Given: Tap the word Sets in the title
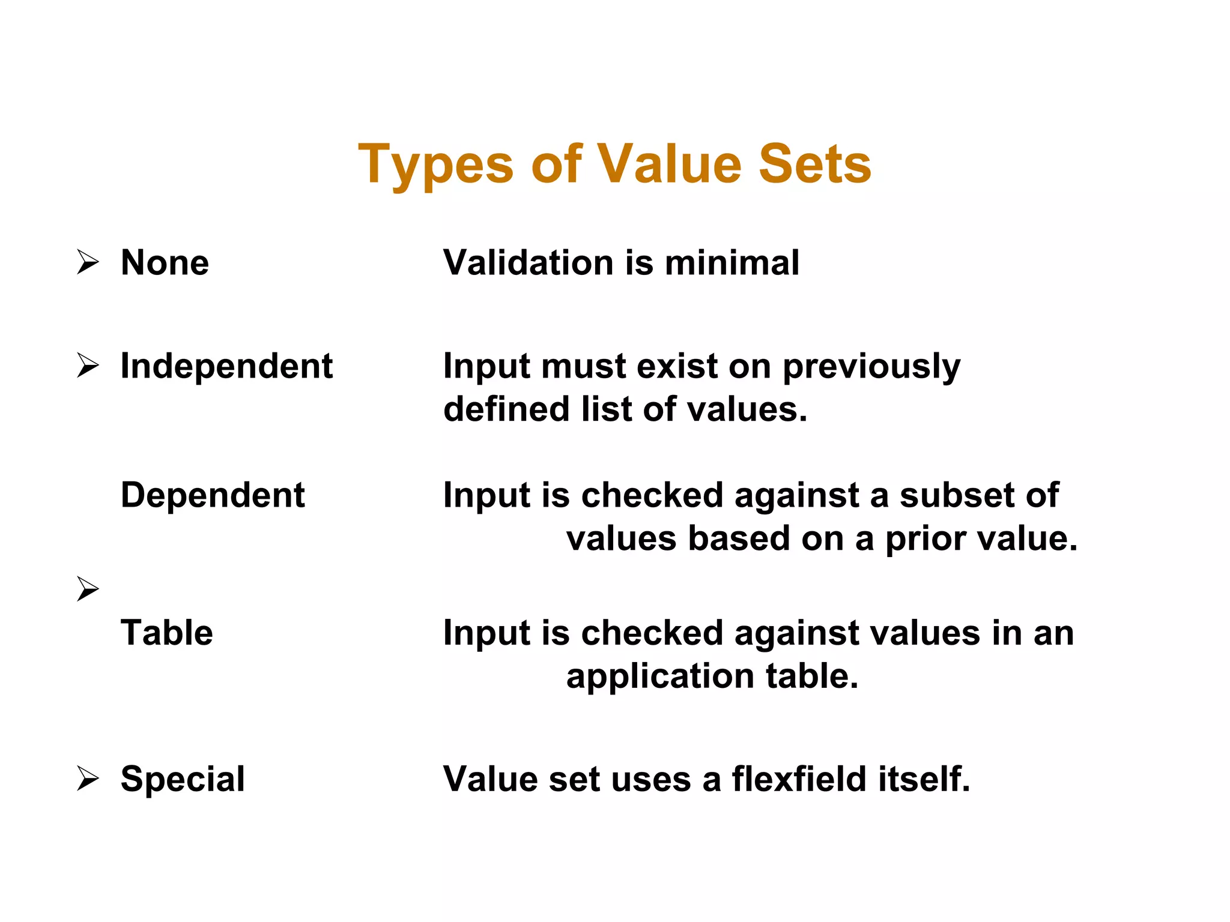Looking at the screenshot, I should tap(815, 164).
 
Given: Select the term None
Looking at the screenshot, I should tap(165, 263).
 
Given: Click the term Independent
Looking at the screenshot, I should tap(226, 366).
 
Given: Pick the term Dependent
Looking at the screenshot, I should tap(213, 495).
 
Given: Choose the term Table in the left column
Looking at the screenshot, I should tap(167, 633).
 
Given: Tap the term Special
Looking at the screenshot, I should tap(183, 779).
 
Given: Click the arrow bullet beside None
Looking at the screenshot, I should tap(88, 263).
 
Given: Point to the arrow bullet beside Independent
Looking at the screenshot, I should tap(88, 366).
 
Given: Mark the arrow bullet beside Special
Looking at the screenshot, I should tap(88, 779).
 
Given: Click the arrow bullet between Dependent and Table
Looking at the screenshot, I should tap(88, 589).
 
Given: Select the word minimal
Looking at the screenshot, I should tap(732, 263).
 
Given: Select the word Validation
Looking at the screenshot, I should tap(529, 263).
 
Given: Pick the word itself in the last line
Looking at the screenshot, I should tap(924, 779).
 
